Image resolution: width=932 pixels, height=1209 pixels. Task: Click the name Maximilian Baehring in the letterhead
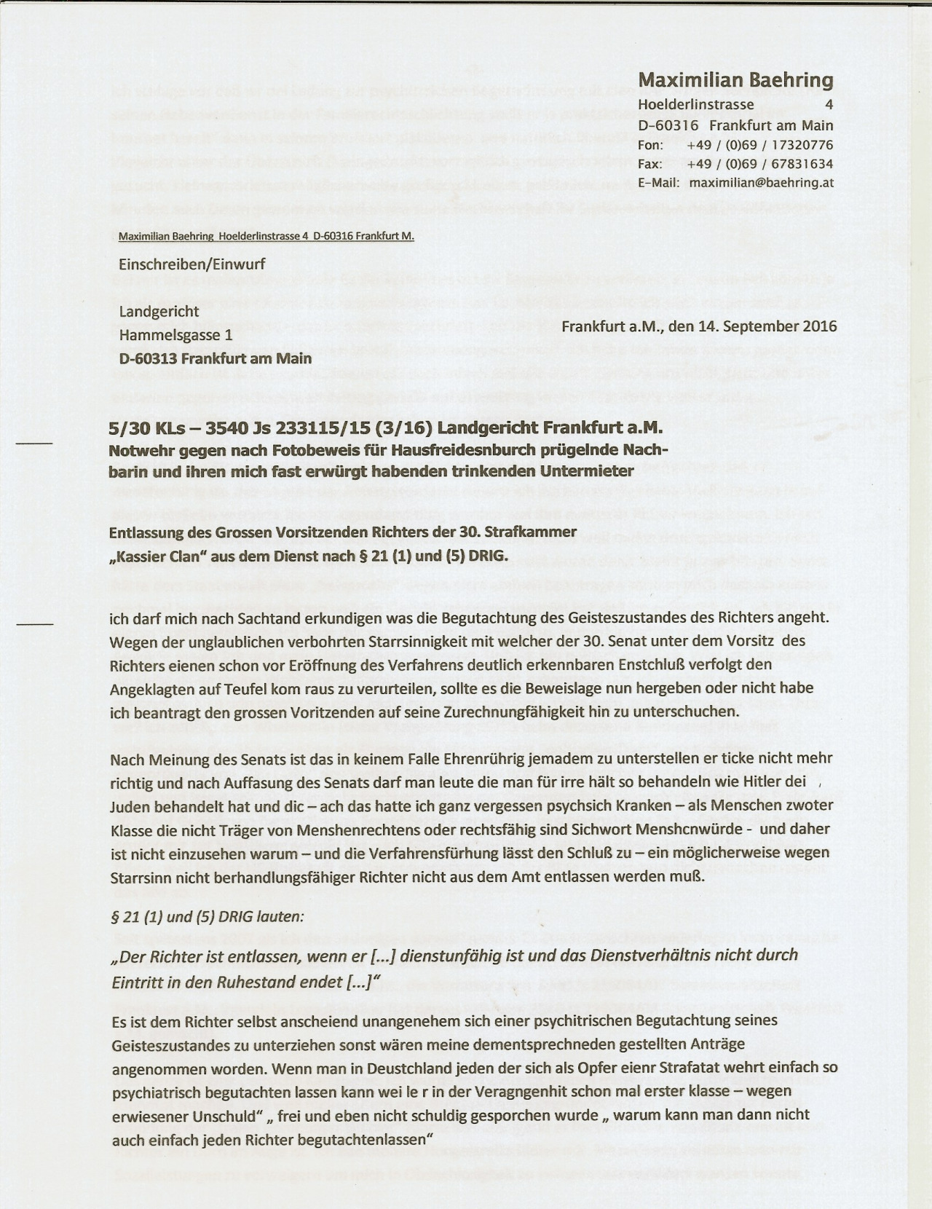pyautogui.click(x=735, y=80)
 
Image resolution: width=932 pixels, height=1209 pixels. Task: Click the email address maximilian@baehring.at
pyautogui.click(x=761, y=183)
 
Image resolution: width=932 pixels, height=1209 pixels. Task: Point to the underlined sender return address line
pyautogui.click(x=266, y=237)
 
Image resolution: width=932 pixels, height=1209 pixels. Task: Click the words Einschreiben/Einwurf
pyautogui.click(x=192, y=264)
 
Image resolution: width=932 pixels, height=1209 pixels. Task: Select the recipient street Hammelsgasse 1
pyautogui.click(x=176, y=335)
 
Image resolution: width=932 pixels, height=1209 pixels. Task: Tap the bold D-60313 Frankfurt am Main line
pyautogui.click(x=216, y=358)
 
